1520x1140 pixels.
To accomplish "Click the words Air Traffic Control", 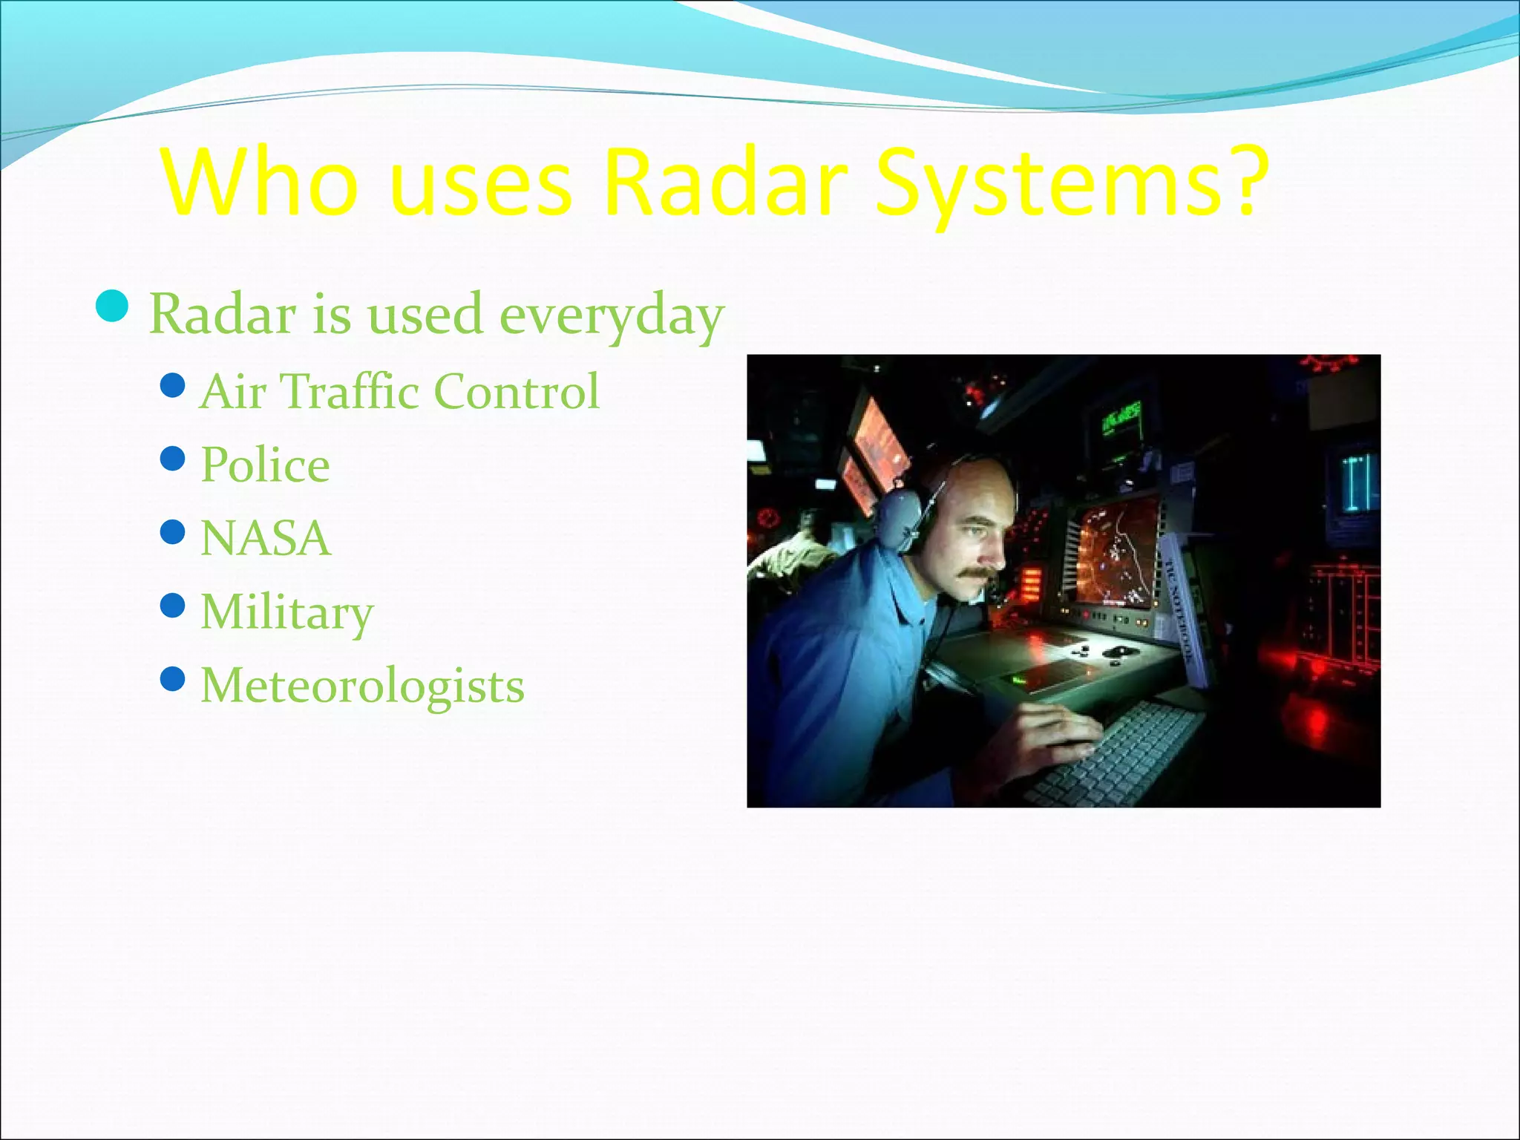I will click(x=399, y=391).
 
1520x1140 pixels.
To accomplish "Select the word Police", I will click(x=265, y=465).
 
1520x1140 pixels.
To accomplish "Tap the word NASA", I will click(x=265, y=538).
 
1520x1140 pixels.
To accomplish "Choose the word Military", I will click(x=286, y=612).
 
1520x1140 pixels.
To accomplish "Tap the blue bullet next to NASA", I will click(x=172, y=531).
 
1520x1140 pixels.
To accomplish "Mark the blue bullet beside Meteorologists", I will click(x=172, y=678).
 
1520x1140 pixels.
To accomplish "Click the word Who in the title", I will click(x=260, y=183).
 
